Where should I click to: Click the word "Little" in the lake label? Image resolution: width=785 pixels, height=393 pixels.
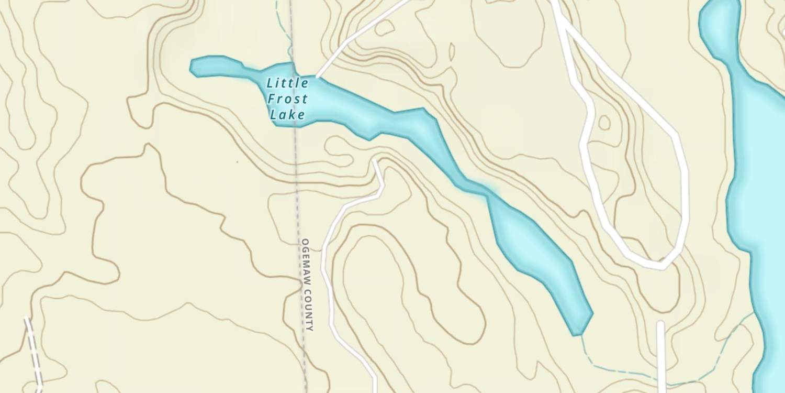pyautogui.click(x=287, y=83)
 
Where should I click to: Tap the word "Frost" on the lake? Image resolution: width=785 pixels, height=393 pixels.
pyautogui.click(x=287, y=99)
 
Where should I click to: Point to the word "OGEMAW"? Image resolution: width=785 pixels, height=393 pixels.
pyautogui.click(x=306, y=262)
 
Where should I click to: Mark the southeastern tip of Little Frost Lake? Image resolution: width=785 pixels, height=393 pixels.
pyautogui.click(x=577, y=333)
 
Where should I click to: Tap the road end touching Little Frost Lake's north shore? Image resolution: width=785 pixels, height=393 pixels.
pyautogui.click(x=318, y=77)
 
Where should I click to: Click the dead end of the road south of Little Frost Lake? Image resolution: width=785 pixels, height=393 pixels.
pyautogui.click(x=375, y=161)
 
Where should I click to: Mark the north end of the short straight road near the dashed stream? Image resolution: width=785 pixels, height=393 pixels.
pyautogui.click(x=660, y=323)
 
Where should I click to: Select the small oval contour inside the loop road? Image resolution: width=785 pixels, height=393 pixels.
pyautogui.click(x=604, y=123)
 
